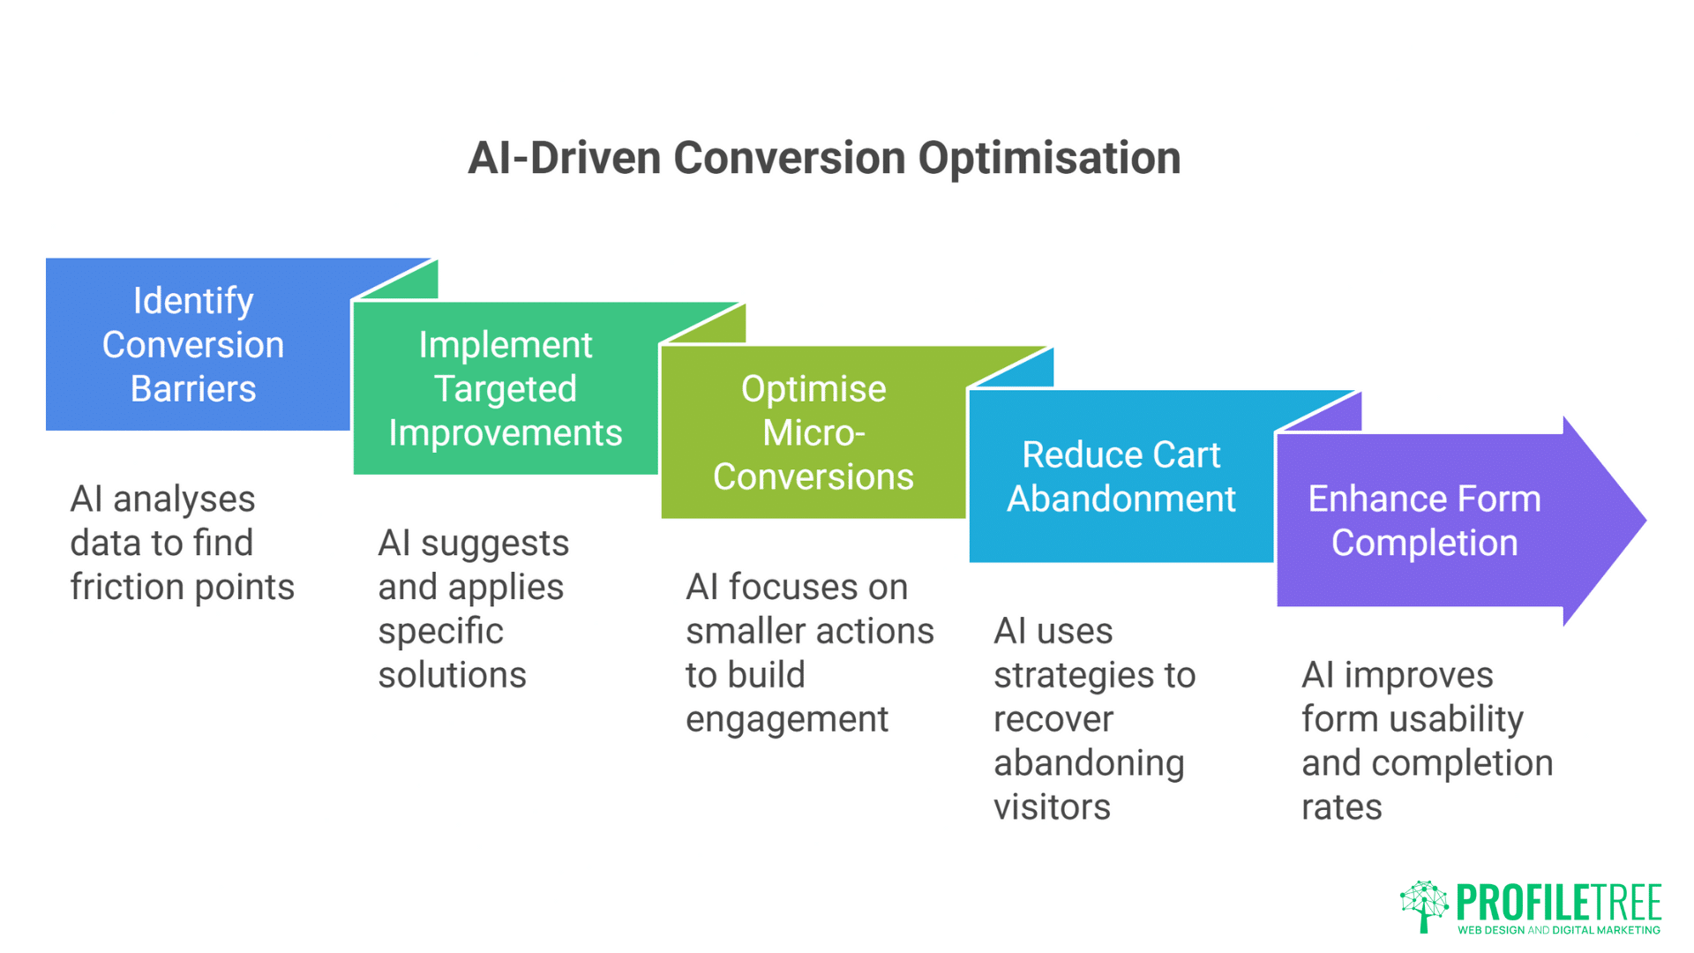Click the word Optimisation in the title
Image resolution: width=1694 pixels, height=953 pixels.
[x=1049, y=160]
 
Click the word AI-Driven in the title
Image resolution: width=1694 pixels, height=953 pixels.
[x=564, y=160]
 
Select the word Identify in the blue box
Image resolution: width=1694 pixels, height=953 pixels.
[x=193, y=302]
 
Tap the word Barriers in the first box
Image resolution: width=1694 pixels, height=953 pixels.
[x=193, y=389]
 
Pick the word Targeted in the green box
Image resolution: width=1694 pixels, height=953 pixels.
[x=506, y=389]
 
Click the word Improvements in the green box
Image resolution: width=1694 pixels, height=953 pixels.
[x=506, y=433]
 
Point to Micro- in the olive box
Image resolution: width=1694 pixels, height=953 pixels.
[x=813, y=433]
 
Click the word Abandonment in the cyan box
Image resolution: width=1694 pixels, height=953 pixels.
[x=1121, y=499]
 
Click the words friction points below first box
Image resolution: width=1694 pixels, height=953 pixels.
[x=183, y=588]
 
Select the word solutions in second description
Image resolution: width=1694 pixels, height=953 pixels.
[x=452, y=676]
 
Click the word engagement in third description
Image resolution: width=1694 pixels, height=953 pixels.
[x=787, y=720]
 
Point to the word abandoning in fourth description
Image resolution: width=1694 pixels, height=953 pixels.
[x=1089, y=763]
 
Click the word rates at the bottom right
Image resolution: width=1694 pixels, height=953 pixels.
[x=1341, y=807]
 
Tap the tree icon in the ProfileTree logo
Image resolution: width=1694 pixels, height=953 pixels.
[x=1423, y=905]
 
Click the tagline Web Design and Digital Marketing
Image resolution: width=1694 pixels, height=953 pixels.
[x=1558, y=930]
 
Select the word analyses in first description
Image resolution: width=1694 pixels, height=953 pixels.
[x=184, y=499]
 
